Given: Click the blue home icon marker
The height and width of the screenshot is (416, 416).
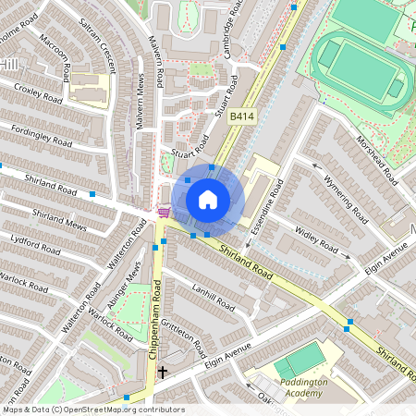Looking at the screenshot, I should tap(208, 199).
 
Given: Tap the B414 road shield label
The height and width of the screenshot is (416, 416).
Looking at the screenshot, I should tap(241, 116).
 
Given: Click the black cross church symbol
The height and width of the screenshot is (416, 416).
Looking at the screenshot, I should tap(163, 373).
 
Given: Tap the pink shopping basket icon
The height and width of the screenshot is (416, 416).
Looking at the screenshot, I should tap(164, 213).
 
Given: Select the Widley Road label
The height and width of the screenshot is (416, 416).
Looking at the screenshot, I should tap(315, 238).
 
